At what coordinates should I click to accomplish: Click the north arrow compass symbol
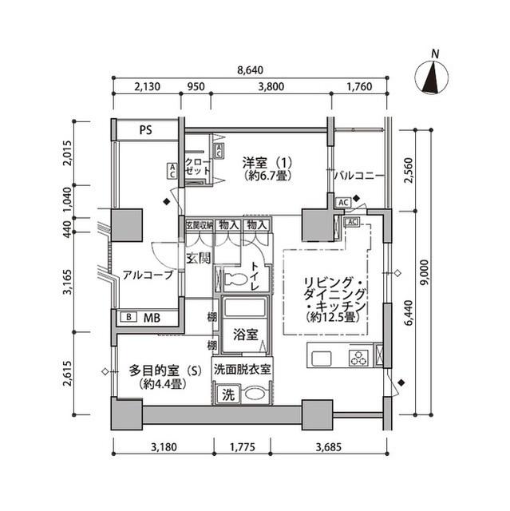click(434, 77)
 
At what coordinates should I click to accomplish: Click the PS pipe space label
click(145, 130)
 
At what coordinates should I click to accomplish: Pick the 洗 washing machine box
click(227, 394)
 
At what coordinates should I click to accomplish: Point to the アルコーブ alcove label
click(147, 275)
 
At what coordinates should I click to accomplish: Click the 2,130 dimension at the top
click(148, 88)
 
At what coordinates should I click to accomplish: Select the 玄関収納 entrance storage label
click(199, 225)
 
